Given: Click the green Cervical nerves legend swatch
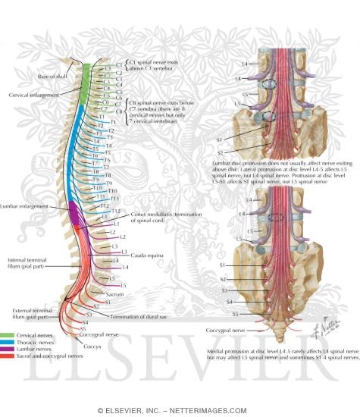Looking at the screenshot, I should [9, 335].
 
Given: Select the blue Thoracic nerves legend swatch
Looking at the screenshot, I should [9, 343].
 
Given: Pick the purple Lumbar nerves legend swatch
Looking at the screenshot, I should [9, 350].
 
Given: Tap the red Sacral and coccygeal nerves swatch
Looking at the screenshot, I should [9, 358].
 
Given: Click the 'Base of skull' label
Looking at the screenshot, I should [52, 77].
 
